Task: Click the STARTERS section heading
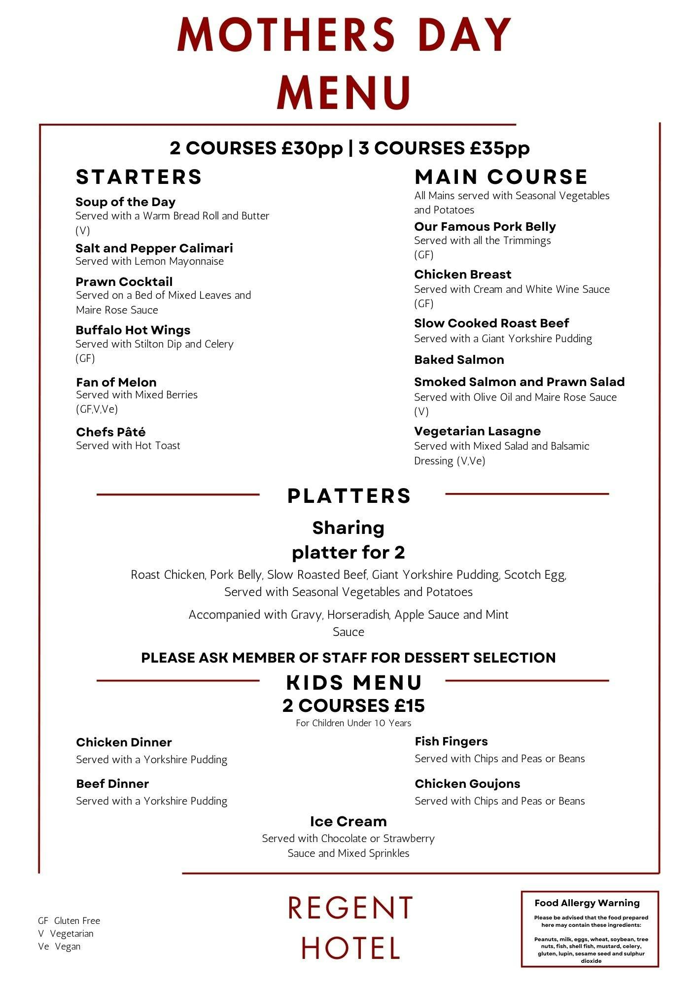139,177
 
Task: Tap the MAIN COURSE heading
501,177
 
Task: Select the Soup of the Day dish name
125,202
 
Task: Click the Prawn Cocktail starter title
124,282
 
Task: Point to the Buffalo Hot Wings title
133,330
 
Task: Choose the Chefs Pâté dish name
111,432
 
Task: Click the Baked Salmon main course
459,360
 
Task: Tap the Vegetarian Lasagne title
477,431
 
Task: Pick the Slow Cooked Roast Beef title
491,323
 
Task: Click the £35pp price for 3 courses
499,148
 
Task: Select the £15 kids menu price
409,706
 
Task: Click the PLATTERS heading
349,496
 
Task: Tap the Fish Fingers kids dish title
451,741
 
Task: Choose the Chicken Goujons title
467,784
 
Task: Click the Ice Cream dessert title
348,822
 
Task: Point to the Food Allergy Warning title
587,903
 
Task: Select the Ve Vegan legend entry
59,947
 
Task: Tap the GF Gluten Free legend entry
69,920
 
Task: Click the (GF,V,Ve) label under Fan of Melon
97,409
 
